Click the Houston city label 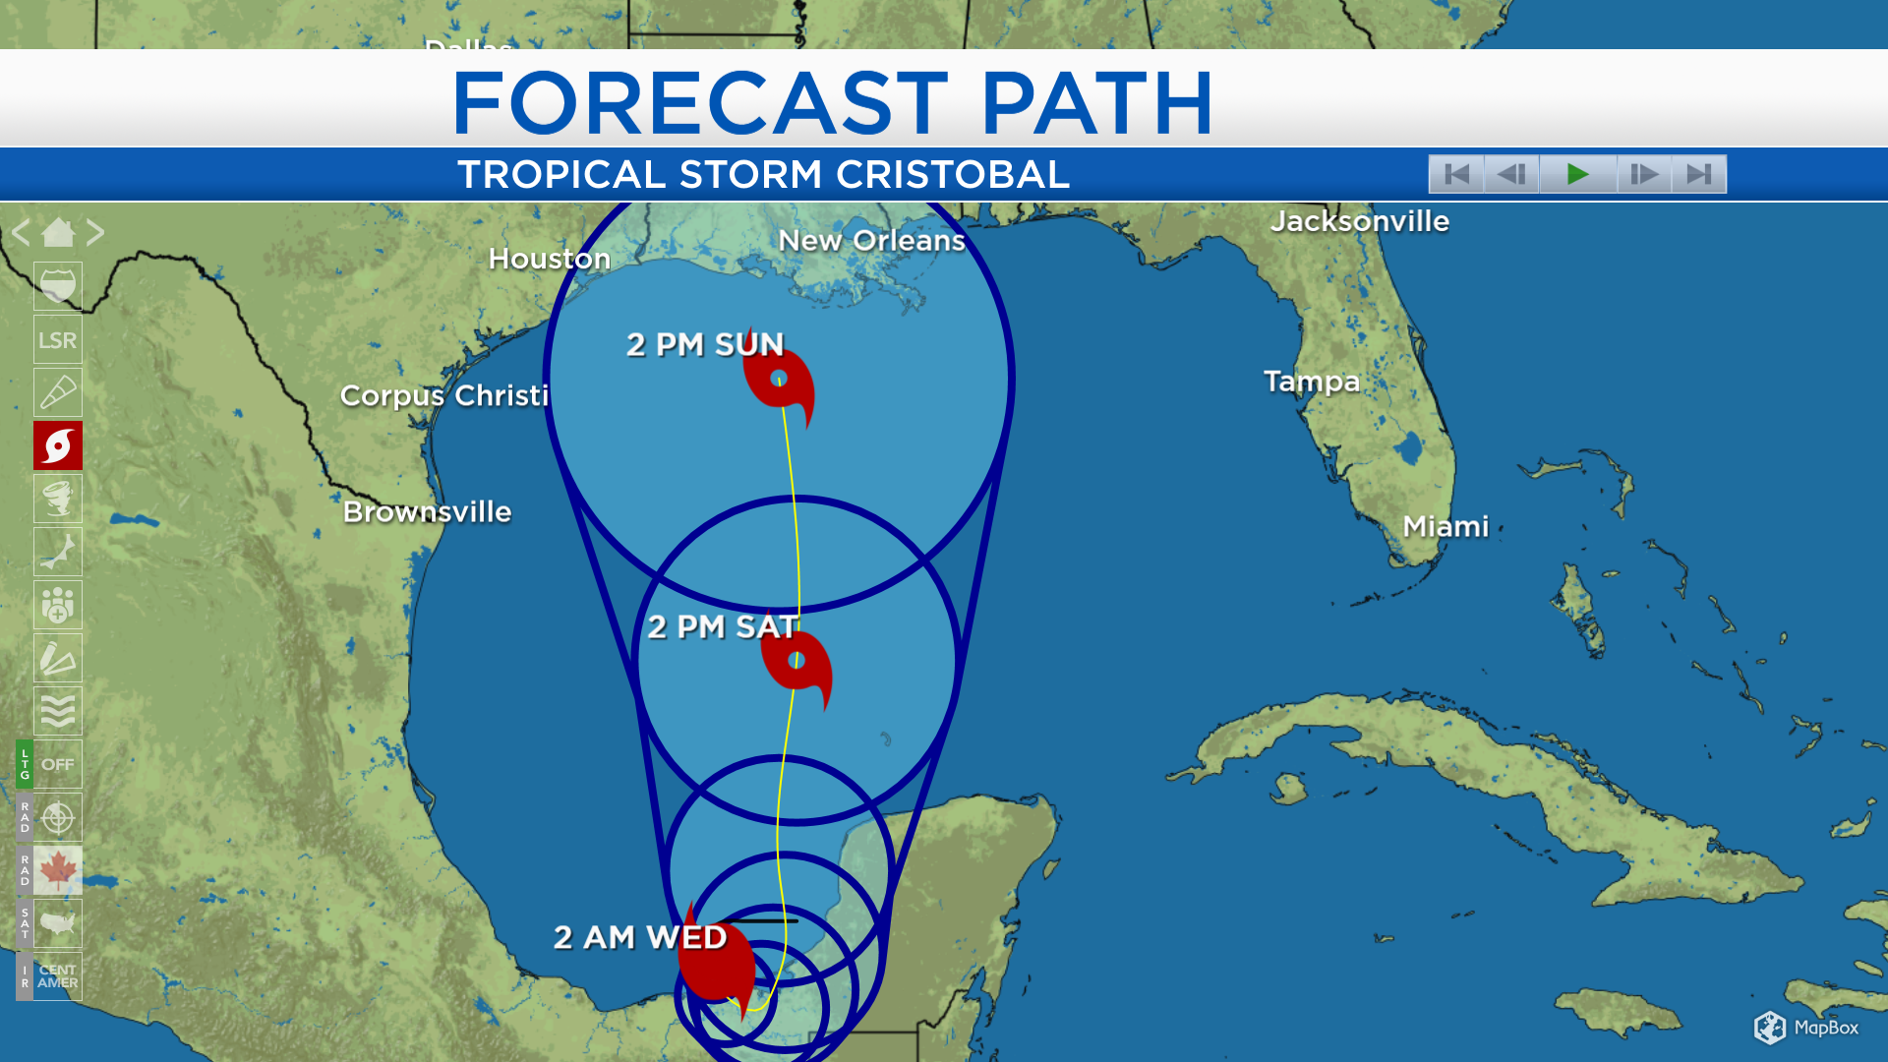click(x=549, y=259)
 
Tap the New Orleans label click(x=871, y=241)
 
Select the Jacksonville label click(x=1359, y=221)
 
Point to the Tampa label click(x=1311, y=382)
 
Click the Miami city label click(x=1445, y=526)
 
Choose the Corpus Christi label click(x=443, y=395)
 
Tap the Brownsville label click(x=427, y=511)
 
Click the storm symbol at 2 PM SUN click(x=779, y=380)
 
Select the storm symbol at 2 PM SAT click(x=797, y=663)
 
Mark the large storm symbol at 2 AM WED click(x=717, y=964)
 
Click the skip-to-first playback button click(x=1456, y=174)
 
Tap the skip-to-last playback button click(x=1698, y=174)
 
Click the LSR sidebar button click(x=57, y=340)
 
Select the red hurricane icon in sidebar click(x=57, y=446)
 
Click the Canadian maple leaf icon click(x=57, y=870)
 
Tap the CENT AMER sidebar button click(x=57, y=976)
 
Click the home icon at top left click(x=57, y=233)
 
